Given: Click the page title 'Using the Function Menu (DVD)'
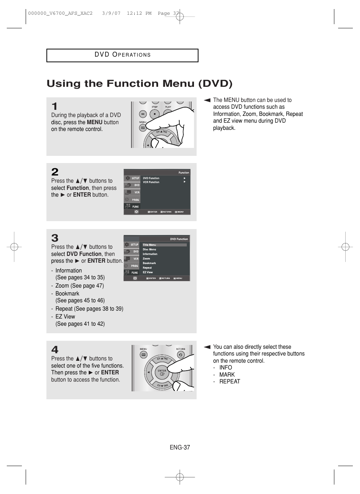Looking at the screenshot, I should (139, 83).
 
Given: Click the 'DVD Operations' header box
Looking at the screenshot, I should (122, 55).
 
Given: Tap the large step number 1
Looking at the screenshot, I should (55, 106).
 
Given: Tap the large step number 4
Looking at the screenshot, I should (55, 350).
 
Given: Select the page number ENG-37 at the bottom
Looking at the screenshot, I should (180, 447).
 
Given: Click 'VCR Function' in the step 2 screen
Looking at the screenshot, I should (151, 182).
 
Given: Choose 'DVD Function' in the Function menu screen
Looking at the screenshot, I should (151, 178).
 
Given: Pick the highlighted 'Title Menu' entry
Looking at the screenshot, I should (149, 245).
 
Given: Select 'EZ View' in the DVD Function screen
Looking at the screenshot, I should (148, 272).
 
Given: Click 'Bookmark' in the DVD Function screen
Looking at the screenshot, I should (149, 263).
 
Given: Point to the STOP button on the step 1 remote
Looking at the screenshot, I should (155, 114).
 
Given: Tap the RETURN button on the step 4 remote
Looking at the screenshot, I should (181, 355).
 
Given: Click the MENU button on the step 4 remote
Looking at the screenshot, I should (143, 355).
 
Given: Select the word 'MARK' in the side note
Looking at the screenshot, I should (227, 375).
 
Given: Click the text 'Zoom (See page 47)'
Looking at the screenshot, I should (79, 286).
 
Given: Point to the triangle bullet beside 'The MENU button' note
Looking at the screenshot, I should (207, 100).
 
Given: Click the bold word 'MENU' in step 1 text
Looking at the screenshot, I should (94, 122).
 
